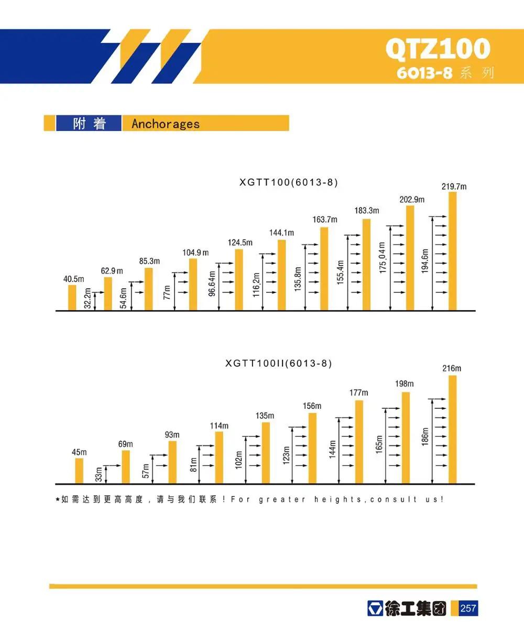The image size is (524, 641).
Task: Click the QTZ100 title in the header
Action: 438,49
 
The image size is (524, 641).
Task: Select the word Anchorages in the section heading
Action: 166,124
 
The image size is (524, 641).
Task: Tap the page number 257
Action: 468,609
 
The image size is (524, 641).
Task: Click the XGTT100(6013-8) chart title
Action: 288,182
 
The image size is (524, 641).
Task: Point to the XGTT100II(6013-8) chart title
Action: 278,363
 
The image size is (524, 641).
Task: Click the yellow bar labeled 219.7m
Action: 452,252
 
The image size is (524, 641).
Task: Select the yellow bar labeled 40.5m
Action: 72,298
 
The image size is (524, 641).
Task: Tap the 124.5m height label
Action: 240,243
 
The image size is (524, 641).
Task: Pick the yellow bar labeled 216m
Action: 452,429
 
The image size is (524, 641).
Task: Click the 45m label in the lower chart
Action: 79,452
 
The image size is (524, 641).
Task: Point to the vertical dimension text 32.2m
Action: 88,298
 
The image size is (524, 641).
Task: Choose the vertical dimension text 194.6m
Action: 425,260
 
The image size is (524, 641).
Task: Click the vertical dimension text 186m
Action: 425,436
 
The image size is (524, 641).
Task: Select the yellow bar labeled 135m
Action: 266,453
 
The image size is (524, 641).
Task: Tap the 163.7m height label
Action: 325,220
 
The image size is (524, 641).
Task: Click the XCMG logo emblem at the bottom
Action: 375,609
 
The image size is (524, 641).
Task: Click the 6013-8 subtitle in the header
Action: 424,73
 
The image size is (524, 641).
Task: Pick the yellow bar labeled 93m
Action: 172,462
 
